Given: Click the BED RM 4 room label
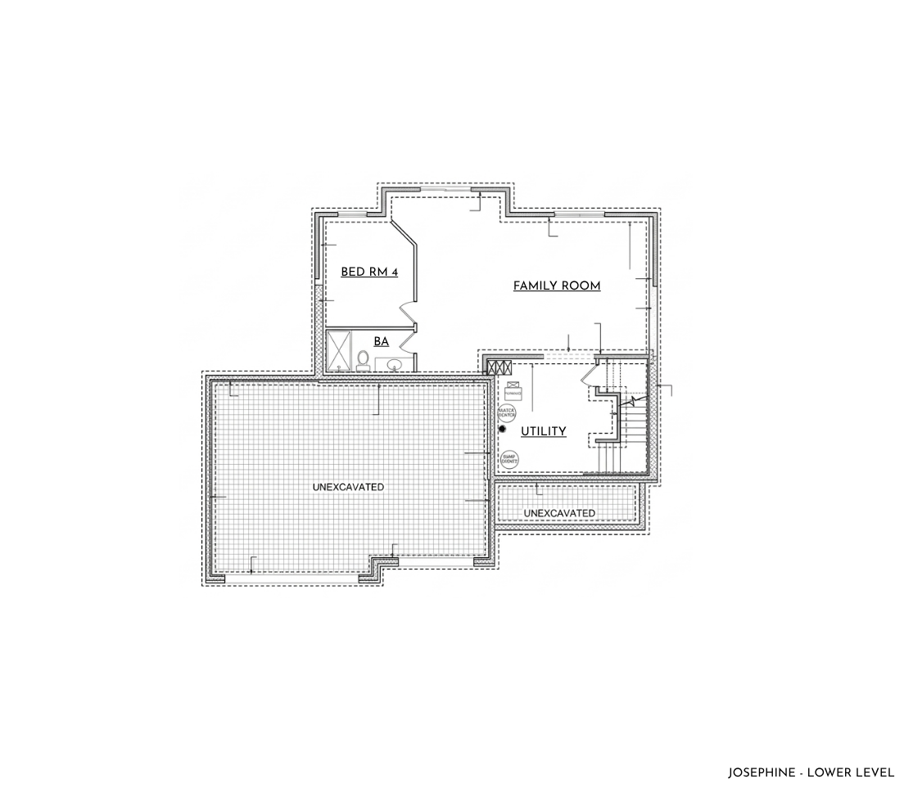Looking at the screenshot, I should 369,272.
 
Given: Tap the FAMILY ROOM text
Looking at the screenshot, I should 557,286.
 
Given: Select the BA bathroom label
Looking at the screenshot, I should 381,341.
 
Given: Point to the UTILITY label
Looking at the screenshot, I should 544,431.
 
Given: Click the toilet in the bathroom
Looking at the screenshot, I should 362,359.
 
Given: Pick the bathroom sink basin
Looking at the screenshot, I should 394,364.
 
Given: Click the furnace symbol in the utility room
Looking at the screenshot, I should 513,388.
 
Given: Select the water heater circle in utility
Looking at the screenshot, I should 507,412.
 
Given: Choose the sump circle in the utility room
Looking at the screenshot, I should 509,459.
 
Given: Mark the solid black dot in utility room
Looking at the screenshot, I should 503,429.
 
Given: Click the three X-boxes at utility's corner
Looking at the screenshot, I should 499,367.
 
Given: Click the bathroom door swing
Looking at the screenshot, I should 409,361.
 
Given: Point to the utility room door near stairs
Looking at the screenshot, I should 589,376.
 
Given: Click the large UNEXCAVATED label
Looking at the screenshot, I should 348,487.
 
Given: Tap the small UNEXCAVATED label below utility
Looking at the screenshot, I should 559,513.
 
